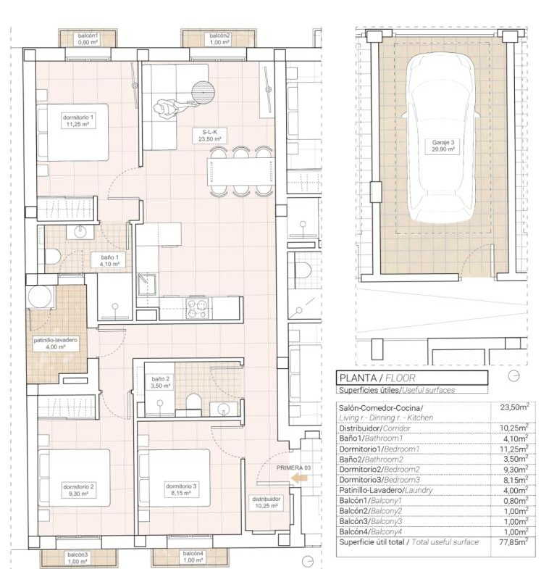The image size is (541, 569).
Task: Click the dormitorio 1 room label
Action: click(78, 121)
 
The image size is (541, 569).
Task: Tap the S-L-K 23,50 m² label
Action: click(209, 136)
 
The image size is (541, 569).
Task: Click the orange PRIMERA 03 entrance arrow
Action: click(300, 478)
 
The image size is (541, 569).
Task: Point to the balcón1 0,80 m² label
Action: click(88, 39)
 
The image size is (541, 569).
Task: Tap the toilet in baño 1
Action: click(53, 257)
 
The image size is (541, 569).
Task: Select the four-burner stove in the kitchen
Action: click(197, 308)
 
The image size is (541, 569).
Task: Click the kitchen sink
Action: click(147, 284)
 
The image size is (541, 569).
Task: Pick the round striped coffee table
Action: click(204, 93)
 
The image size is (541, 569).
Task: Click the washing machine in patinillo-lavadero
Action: click(40, 297)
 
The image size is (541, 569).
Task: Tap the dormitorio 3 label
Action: click(181, 489)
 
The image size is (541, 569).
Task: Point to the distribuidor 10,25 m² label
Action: click(267, 502)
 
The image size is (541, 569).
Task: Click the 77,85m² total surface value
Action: click(513, 542)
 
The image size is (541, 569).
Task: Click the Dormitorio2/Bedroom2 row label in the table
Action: click(379, 470)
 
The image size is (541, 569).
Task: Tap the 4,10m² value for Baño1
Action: click(515, 439)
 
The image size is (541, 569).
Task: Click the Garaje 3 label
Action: click(443, 146)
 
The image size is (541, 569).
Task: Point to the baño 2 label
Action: click(160, 383)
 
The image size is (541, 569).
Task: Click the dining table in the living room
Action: click(240, 172)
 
